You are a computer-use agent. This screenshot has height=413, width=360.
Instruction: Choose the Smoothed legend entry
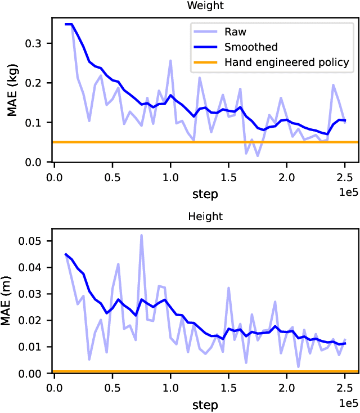250,47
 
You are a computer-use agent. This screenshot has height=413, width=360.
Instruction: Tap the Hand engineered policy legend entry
287,62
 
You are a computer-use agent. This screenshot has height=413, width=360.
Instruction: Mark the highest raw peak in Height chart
141,235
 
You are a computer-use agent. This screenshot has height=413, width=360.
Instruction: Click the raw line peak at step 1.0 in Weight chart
170,60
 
